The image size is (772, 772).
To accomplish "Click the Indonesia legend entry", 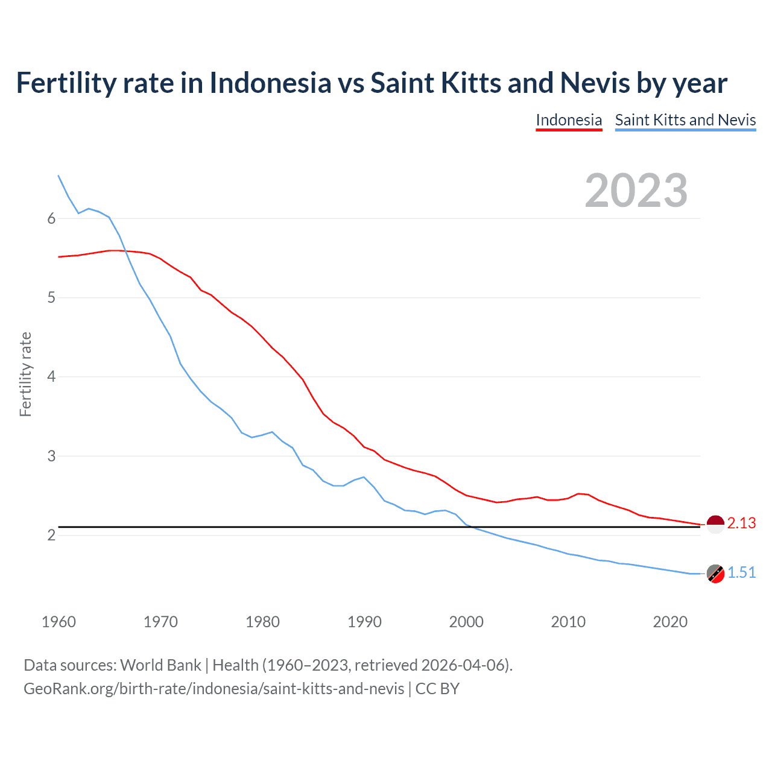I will (569, 120).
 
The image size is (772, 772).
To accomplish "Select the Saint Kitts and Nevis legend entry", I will (685, 120).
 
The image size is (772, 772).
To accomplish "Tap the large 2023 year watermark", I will (636, 191).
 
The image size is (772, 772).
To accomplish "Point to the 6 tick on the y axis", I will (51, 219).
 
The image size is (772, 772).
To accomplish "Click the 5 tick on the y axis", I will (51, 298).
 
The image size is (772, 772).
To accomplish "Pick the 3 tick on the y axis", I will (51, 456).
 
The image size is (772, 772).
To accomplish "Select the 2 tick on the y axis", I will (51, 535).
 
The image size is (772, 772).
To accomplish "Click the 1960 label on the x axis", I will (59, 622).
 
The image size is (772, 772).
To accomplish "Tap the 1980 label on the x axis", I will (262, 622).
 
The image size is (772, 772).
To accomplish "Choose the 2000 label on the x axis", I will (466, 622).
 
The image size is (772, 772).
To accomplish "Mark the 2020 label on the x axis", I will (670, 622).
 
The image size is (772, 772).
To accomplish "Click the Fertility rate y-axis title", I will (25, 374).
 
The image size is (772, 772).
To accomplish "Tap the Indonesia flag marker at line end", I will (715, 525).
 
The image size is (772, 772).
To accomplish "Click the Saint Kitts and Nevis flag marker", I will (715, 574).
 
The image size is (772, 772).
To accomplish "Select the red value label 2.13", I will (741, 524).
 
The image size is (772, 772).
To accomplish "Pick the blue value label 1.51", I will (741, 573).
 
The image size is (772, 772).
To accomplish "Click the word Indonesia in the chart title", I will (270, 83).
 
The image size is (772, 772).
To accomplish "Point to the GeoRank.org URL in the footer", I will (214, 689).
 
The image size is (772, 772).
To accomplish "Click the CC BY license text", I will (437, 689).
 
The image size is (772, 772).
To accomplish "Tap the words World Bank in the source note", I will (160, 665).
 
